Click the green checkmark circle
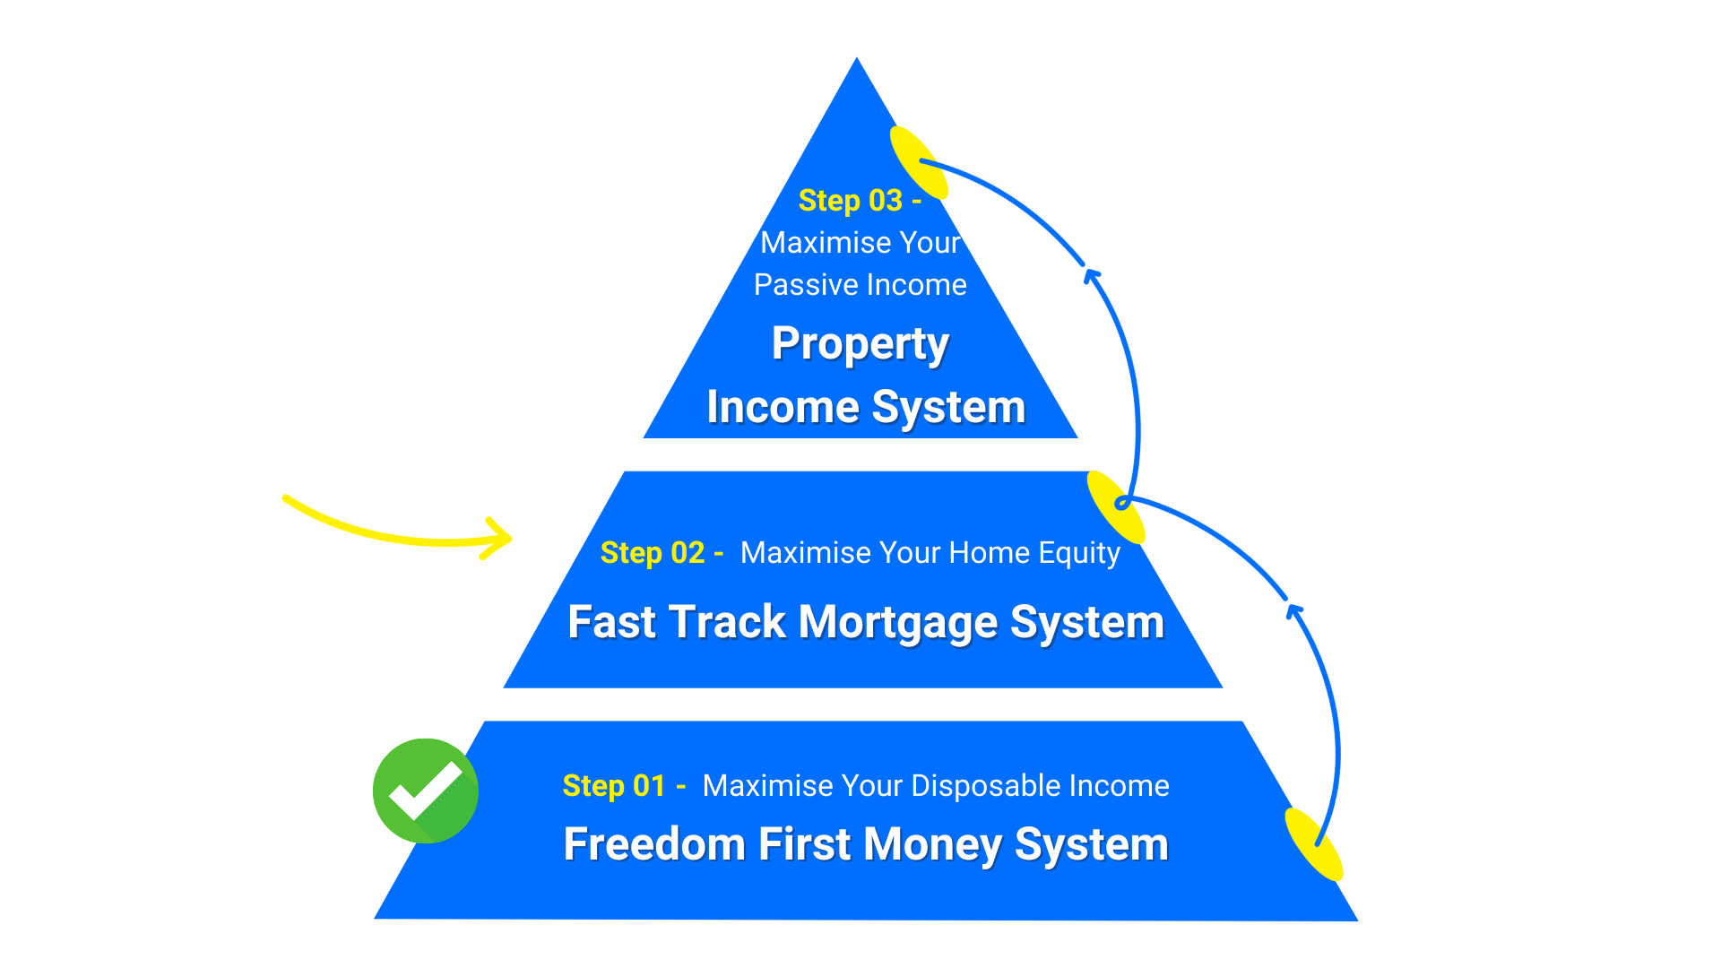coord(425,791)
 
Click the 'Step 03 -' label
coord(859,201)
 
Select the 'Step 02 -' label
coord(662,553)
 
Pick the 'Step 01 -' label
coord(624,786)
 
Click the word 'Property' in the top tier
coord(860,345)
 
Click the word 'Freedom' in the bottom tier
coord(654,844)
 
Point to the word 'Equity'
coord(1079,554)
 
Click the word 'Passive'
coord(806,285)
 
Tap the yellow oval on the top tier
coord(919,162)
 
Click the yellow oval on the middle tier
coord(1116,506)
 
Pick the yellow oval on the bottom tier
coord(1314,843)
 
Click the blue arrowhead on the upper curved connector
coord(1091,274)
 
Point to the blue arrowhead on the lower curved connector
coord(1293,611)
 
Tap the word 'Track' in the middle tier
coord(727,623)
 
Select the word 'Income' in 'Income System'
coord(783,408)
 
